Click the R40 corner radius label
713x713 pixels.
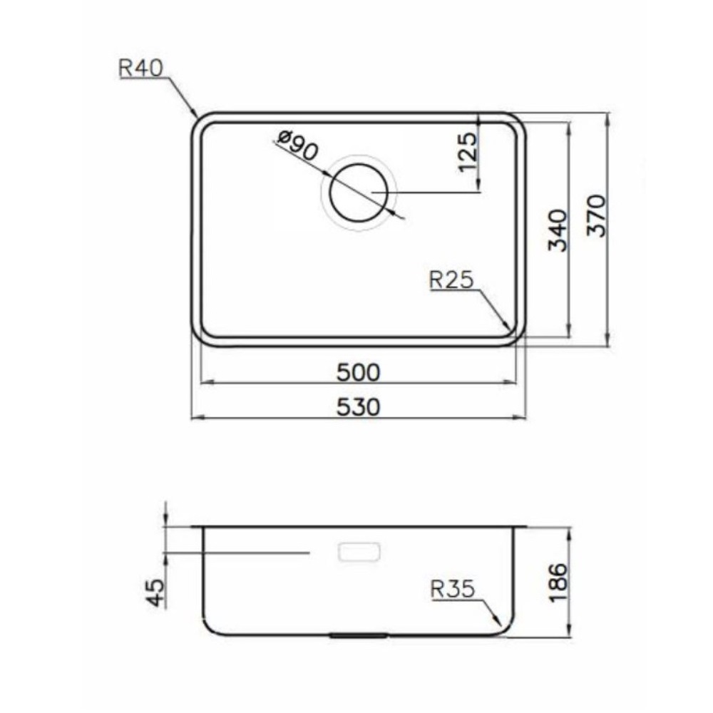tap(140, 68)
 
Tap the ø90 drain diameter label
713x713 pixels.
tap(299, 145)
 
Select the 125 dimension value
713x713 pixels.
tap(468, 152)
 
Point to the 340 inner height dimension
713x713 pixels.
tap(558, 230)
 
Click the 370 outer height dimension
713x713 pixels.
tap(596, 215)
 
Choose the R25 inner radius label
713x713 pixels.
tap(451, 279)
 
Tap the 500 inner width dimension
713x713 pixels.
tap(359, 372)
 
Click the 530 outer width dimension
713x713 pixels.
tap(359, 407)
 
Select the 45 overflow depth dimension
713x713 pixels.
tap(155, 593)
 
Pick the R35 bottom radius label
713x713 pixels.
tap(453, 590)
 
